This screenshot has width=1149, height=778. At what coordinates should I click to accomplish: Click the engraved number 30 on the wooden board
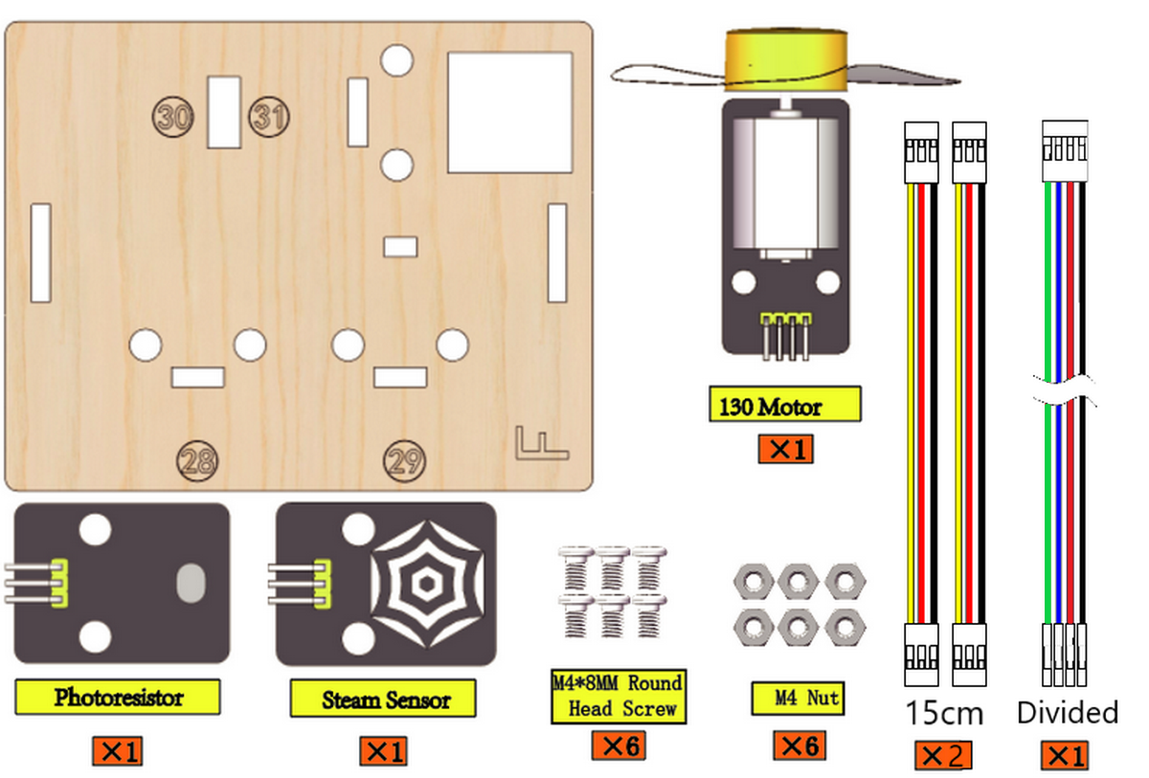(x=173, y=117)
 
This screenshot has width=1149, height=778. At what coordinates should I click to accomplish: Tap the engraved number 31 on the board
(x=269, y=117)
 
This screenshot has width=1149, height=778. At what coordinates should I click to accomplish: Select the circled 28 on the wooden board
(x=197, y=460)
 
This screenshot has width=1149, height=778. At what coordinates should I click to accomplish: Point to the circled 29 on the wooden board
(x=405, y=460)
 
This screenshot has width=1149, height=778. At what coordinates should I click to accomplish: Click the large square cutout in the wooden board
(x=509, y=112)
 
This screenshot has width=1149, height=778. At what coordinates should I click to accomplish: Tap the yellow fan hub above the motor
(x=786, y=59)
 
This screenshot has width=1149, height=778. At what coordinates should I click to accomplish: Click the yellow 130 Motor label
(x=785, y=405)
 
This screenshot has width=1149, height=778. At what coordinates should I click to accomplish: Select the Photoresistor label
(x=118, y=697)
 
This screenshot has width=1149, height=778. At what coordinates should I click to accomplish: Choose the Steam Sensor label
(x=383, y=698)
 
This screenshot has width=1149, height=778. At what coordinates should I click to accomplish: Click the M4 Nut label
(x=798, y=698)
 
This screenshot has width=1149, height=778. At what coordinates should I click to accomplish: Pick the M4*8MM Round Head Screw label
(x=619, y=696)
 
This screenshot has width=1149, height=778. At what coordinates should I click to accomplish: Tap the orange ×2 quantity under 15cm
(x=943, y=755)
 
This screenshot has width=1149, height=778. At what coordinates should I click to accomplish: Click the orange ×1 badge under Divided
(x=1065, y=755)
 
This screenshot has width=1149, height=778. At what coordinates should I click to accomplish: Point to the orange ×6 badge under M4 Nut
(x=800, y=745)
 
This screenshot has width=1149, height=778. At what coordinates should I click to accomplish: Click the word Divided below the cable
(x=1068, y=712)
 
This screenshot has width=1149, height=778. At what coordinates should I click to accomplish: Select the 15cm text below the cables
(x=945, y=713)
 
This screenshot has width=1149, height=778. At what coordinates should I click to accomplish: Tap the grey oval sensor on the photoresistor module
(x=191, y=583)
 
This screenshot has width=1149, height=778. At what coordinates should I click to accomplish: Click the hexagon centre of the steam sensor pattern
(x=427, y=583)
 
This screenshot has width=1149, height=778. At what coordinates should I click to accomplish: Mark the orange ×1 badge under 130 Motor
(x=786, y=449)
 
